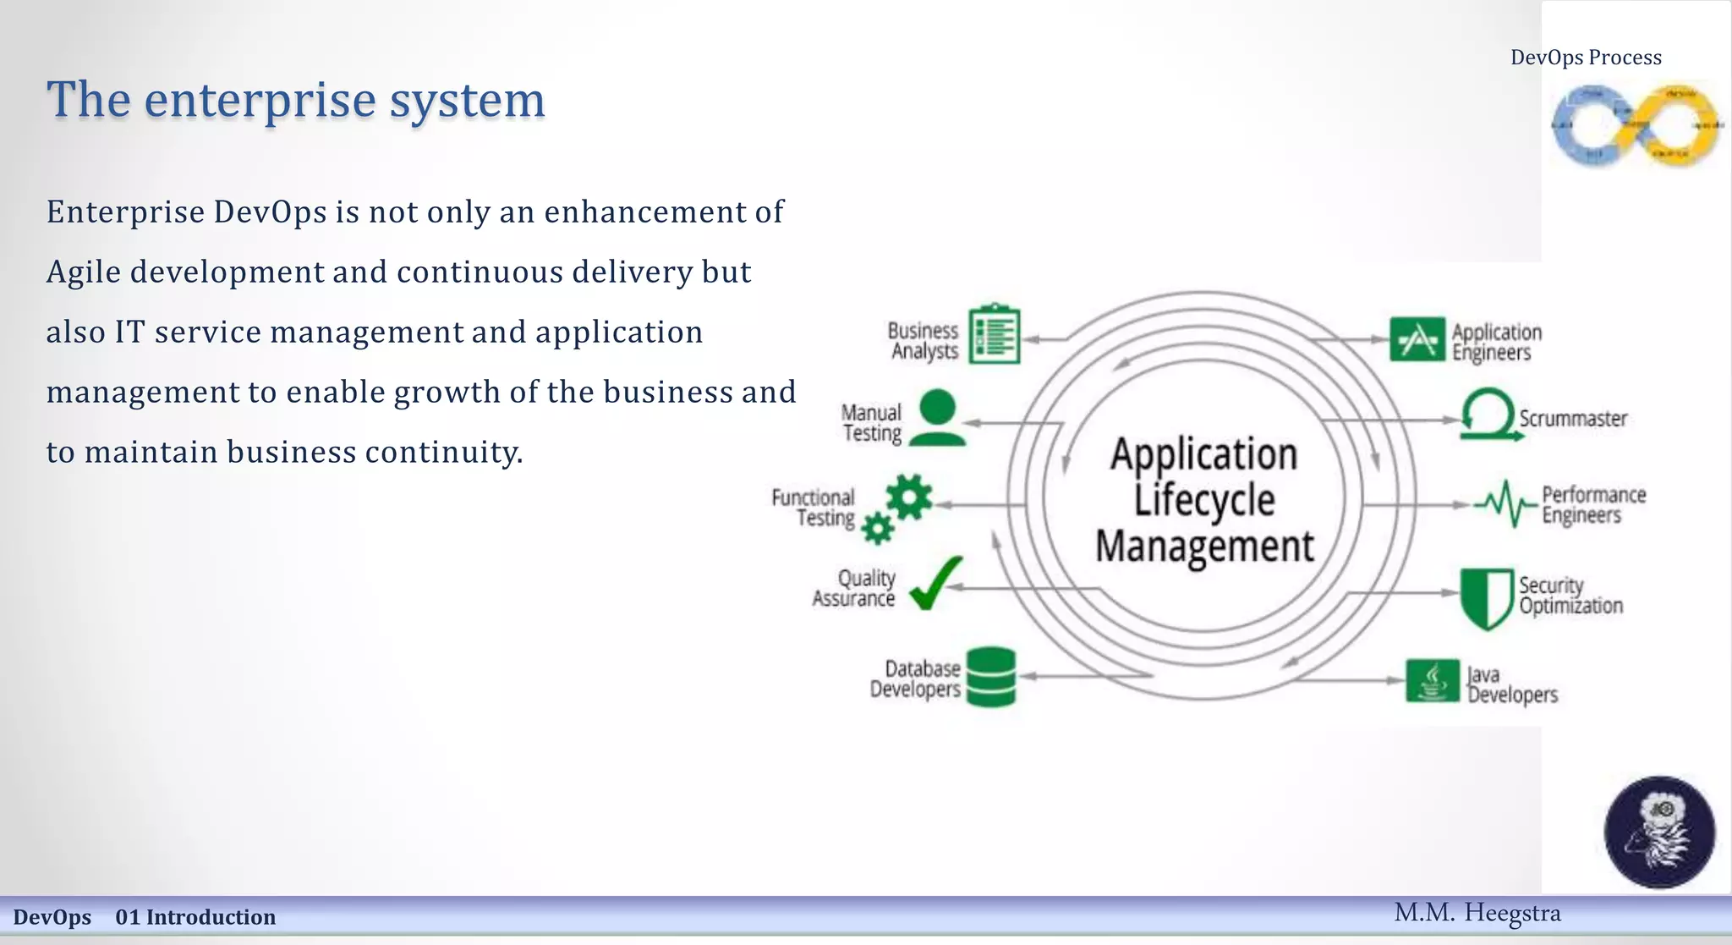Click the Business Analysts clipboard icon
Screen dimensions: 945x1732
(994, 334)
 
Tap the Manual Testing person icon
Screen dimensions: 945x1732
(937, 418)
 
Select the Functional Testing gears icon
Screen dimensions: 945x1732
(899, 507)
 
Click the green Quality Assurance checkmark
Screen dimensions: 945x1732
(936, 583)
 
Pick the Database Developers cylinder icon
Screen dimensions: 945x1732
(990, 677)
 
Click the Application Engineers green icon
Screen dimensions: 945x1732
(1417, 339)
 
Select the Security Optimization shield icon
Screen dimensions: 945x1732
(1486, 598)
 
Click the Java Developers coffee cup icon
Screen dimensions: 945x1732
(1432, 681)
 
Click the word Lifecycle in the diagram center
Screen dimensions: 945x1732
(1203, 500)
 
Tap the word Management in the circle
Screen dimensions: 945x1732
(1204, 546)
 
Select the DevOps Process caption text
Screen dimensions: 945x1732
(1586, 58)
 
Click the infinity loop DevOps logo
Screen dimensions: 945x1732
(1635, 125)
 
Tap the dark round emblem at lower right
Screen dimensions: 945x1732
(1659, 832)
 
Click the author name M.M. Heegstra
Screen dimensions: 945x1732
(1477, 913)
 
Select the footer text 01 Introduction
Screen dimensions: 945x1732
(195, 917)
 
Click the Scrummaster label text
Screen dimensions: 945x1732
(1572, 419)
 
